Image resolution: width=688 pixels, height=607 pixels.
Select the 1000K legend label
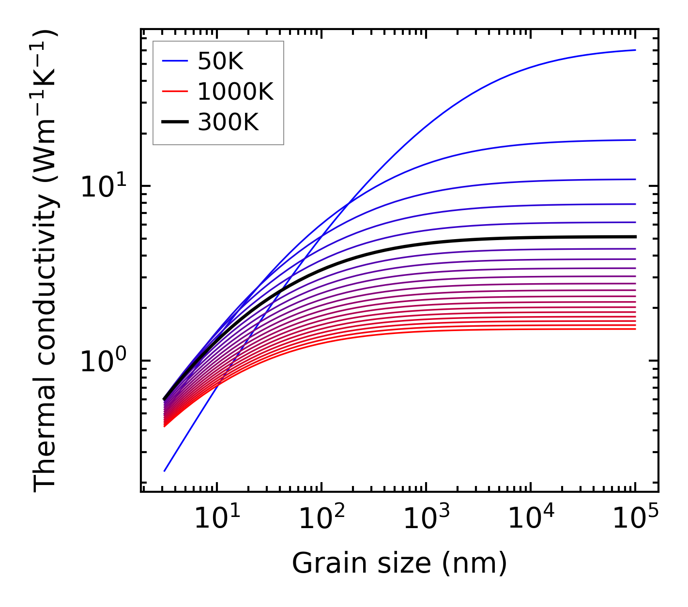[x=235, y=91]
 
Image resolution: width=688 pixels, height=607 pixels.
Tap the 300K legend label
[x=228, y=122]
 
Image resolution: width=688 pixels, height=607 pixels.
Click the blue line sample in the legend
[x=174, y=61]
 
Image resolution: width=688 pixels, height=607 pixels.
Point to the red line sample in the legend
[x=174, y=91]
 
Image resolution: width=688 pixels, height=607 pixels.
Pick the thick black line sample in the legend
[x=174, y=122]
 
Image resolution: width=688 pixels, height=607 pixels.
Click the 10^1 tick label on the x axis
[x=217, y=520]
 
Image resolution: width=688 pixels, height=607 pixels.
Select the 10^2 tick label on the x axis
[x=321, y=520]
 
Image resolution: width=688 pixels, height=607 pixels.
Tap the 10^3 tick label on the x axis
[x=426, y=520]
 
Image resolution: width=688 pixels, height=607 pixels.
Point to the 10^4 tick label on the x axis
[x=531, y=520]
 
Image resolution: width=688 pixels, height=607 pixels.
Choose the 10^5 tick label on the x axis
[x=635, y=520]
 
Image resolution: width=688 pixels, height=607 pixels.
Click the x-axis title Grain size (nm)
[x=399, y=564]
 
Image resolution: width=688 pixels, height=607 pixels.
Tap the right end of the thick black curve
[x=635, y=237]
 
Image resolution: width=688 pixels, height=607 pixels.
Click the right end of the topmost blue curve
[x=635, y=50]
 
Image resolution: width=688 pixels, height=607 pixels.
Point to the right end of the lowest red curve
[x=635, y=329]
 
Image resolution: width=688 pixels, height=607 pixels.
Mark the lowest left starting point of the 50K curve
[x=165, y=470]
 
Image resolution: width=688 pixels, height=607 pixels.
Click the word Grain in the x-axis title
[x=321, y=564]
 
